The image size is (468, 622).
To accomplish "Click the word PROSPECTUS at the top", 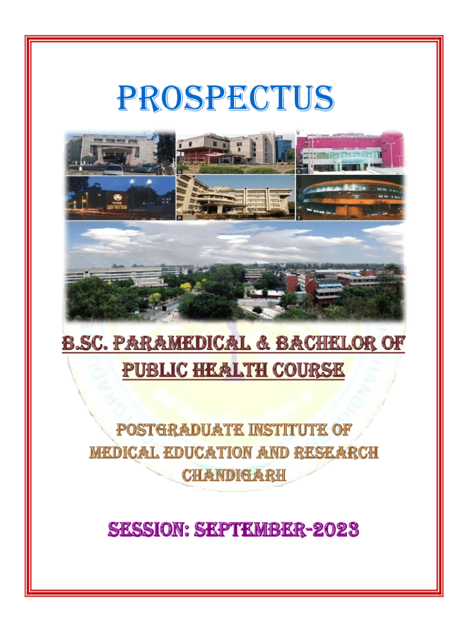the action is [x=225, y=98].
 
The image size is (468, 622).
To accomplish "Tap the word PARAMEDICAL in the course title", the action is [x=182, y=343].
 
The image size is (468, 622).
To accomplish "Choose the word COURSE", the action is [x=308, y=370].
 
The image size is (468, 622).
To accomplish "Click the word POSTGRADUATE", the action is [x=180, y=430].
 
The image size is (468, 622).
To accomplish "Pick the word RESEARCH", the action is [x=336, y=453].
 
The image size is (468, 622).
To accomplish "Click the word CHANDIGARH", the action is [x=234, y=475].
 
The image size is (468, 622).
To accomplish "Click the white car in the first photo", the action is [x=113, y=170].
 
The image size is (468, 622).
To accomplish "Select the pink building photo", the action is [x=350, y=152].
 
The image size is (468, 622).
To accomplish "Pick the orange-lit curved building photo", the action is [x=350, y=197].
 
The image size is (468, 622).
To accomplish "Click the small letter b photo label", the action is [x=180, y=171].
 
